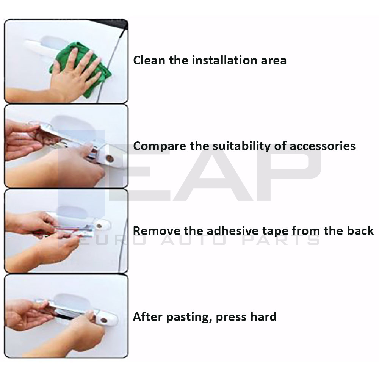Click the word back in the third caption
360,230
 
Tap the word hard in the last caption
263,316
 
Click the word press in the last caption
230,317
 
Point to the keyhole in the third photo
99,226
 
